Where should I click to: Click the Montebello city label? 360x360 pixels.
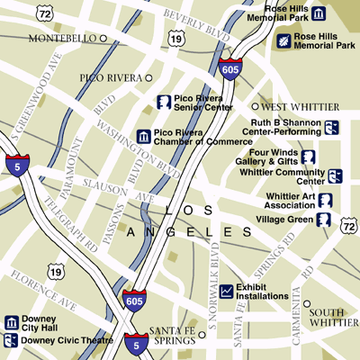pyautogui.click(x=61, y=39)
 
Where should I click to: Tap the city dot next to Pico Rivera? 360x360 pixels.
pyautogui.click(x=149, y=78)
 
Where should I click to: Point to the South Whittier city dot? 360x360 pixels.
pyautogui.click(x=307, y=304)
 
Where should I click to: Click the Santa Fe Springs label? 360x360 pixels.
pyautogui.click(x=171, y=335)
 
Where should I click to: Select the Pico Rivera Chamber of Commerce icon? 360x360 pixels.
pyautogui.click(x=143, y=136)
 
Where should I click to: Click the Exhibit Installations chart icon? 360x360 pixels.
pyautogui.click(x=226, y=291)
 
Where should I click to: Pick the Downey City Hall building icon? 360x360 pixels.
pyautogui.click(x=12, y=322)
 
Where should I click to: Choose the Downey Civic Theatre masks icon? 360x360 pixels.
pyautogui.click(x=12, y=340)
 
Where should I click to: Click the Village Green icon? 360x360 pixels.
pyautogui.click(x=322, y=219)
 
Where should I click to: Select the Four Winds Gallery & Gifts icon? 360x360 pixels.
pyautogui.click(x=309, y=157)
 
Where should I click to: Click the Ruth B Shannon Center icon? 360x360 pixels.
pyautogui.click(x=331, y=127)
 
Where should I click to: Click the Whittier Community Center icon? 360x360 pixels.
pyautogui.click(x=335, y=175)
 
